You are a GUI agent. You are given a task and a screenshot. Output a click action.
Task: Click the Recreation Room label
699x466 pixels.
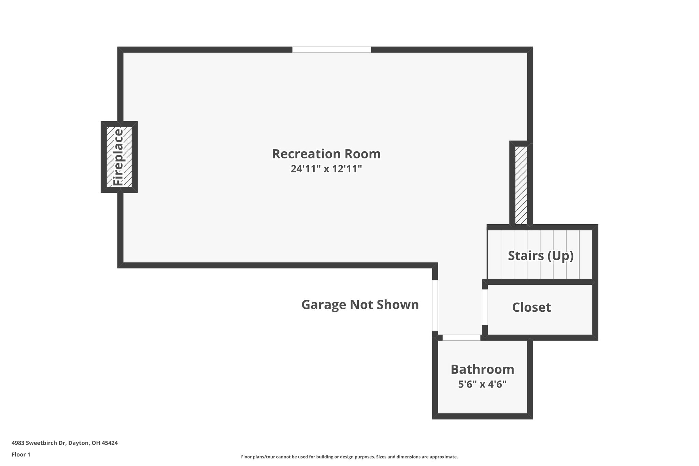(x=326, y=154)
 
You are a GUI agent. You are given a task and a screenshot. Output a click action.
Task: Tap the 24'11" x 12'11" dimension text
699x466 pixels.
(x=326, y=169)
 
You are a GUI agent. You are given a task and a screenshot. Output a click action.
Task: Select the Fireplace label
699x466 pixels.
(x=118, y=157)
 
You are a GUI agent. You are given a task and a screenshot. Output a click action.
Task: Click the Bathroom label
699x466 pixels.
(x=482, y=369)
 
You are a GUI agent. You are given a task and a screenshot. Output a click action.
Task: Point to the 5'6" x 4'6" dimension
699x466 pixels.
(x=482, y=384)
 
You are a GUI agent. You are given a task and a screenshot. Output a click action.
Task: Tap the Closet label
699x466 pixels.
(x=531, y=307)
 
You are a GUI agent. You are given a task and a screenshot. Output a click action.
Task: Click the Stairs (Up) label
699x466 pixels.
(x=540, y=255)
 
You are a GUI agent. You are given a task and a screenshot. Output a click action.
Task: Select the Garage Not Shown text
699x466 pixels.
(x=360, y=305)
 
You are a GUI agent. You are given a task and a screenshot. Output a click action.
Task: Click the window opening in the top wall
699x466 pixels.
(x=331, y=50)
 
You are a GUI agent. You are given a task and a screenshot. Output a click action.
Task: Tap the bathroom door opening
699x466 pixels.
(x=461, y=338)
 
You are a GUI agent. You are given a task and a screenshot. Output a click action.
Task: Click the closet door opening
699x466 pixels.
(x=485, y=307)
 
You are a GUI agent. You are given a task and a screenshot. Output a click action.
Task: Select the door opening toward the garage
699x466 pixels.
(x=435, y=305)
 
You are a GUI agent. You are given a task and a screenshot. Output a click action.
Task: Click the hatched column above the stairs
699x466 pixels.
(x=521, y=185)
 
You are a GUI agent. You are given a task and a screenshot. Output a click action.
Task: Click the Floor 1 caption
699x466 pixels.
(x=21, y=454)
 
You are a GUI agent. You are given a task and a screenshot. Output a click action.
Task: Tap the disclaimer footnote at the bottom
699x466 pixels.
(x=349, y=457)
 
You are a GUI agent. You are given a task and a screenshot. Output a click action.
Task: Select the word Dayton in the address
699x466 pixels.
(x=79, y=443)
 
